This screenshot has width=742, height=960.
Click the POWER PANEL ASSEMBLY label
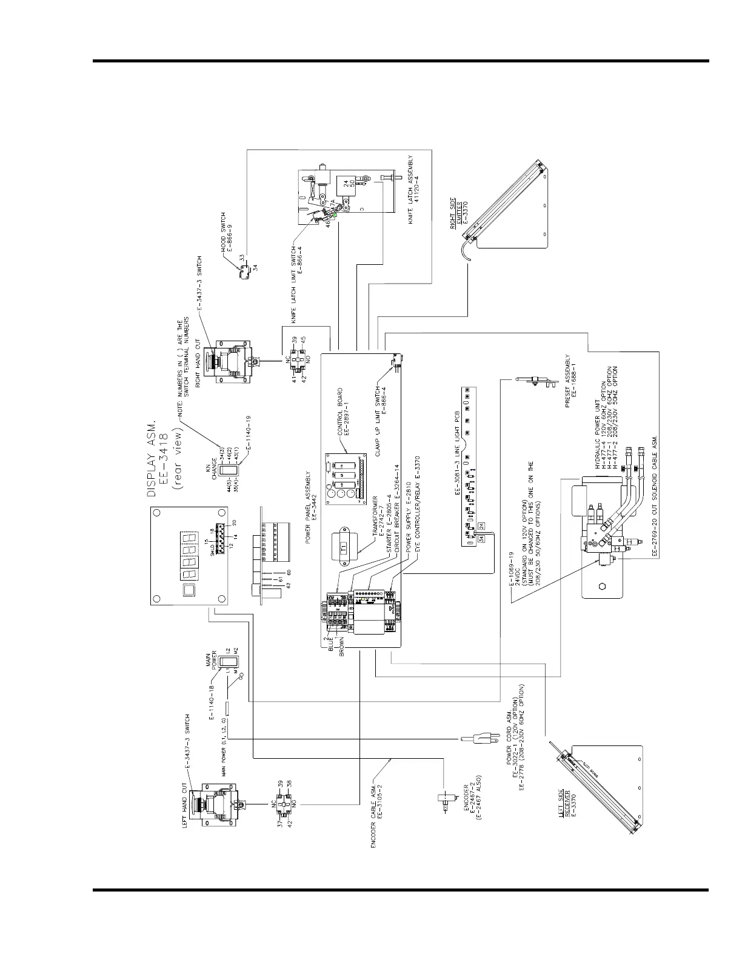310,509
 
